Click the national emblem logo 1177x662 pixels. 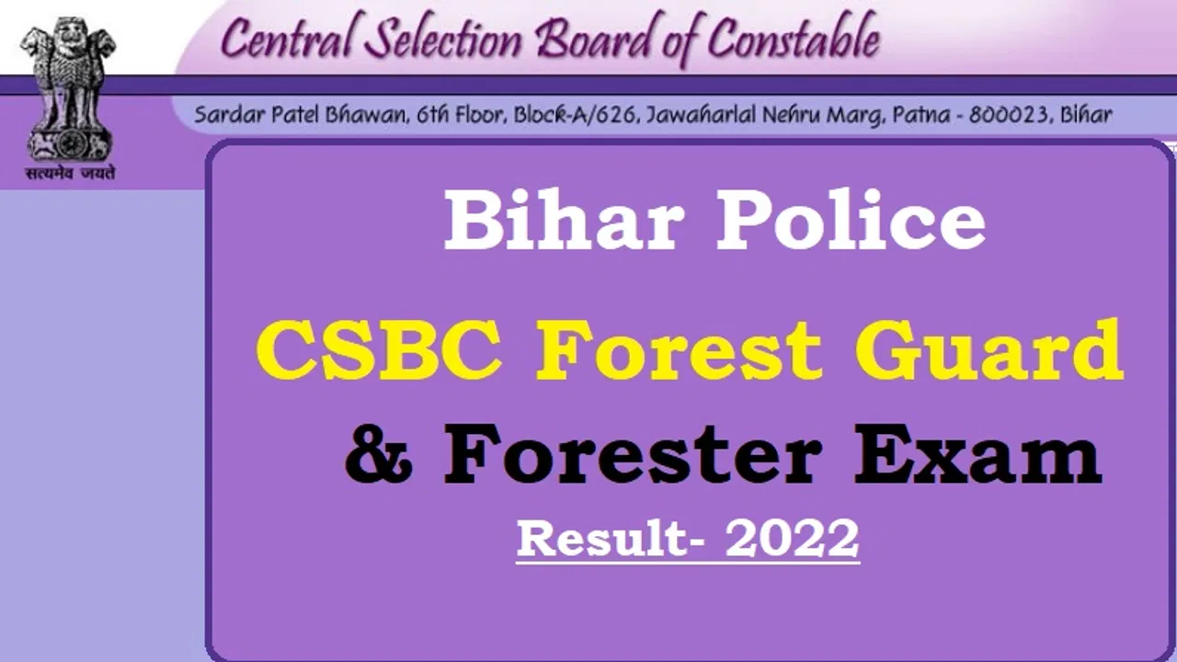[x=68, y=89]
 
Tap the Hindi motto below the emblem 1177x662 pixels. [x=71, y=172]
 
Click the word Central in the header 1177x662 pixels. [x=286, y=39]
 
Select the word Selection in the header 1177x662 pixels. [x=443, y=39]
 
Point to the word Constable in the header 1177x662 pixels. [x=794, y=38]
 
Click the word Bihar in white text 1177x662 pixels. [x=566, y=220]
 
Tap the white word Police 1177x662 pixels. [x=851, y=220]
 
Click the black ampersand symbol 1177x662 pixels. [x=378, y=455]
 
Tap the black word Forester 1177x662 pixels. [x=633, y=455]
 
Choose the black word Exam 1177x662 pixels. [x=977, y=455]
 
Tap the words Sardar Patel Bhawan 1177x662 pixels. [x=302, y=115]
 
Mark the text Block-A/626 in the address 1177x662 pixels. [x=576, y=115]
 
